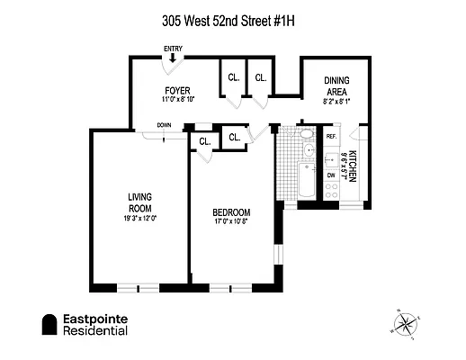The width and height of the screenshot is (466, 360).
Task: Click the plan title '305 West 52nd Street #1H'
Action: (x=233, y=17)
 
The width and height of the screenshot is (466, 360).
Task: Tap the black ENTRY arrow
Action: (x=173, y=59)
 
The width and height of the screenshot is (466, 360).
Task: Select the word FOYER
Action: (x=176, y=89)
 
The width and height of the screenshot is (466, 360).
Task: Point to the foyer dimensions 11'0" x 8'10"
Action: (x=176, y=99)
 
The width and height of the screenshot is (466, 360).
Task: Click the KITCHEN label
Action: (x=354, y=166)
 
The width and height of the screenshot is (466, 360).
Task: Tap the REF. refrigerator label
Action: (x=331, y=136)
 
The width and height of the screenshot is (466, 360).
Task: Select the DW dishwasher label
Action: (x=330, y=176)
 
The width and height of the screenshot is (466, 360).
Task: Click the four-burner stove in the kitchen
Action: (x=330, y=191)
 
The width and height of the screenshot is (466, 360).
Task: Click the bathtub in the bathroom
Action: (x=307, y=183)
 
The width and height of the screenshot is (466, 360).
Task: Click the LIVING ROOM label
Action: (x=138, y=202)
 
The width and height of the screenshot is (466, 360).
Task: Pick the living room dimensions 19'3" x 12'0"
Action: (x=138, y=218)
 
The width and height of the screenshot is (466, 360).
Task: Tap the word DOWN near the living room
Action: (x=164, y=125)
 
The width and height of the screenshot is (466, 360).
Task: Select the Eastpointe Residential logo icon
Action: (x=49, y=325)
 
